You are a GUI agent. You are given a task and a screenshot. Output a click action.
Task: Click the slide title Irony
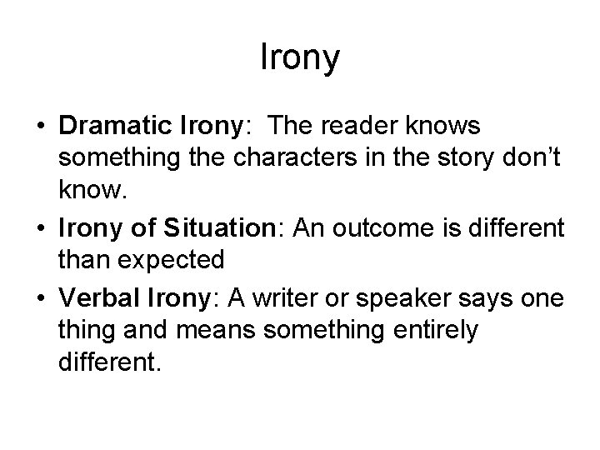(x=300, y=58)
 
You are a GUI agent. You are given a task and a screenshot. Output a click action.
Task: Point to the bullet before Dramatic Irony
(x=40, y=126)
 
